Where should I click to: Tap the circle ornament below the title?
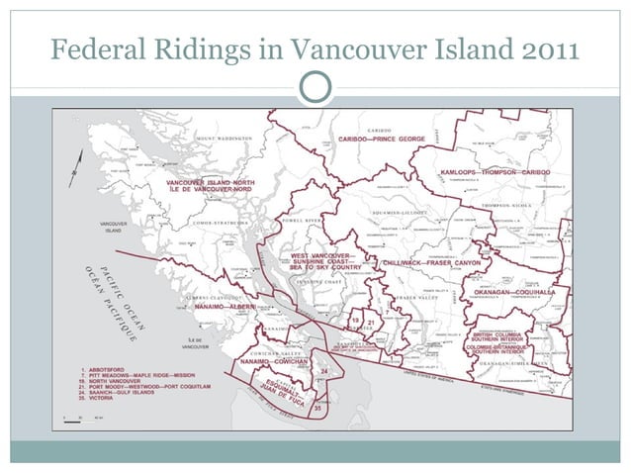[x=315, y=86]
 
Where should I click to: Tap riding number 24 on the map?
[x=323, y=371]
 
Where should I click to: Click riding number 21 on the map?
[x=371, y=322]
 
